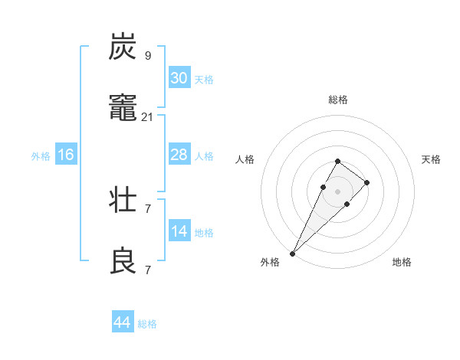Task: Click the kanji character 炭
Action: tap(123, 47)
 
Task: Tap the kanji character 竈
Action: tap(123, 110)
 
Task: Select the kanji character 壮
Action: tap(123, 200)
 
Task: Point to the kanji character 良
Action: tap(123, 262)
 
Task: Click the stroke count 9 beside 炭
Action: tap(148, 55)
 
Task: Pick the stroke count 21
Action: tap(148, 117)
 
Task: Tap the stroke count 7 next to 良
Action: tap(148, 270)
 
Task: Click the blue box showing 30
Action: tap(179, 78)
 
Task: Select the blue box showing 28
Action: tap(179, 155)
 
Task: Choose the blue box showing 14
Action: tap(179, 231)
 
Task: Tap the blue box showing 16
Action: tap(66, 155)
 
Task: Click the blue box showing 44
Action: tap(122, 323)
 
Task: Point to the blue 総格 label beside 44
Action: tap(147, 324)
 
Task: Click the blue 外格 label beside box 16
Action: tap(41, 155)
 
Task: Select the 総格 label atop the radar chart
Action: tap(338, 100)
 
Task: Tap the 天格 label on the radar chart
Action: tap(432, 159)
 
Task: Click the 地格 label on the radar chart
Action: tap(402, 262)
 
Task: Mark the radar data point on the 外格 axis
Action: tap(292, 253)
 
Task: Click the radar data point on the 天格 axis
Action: tap(367, 182)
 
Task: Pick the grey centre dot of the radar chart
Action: tap(338, 191)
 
